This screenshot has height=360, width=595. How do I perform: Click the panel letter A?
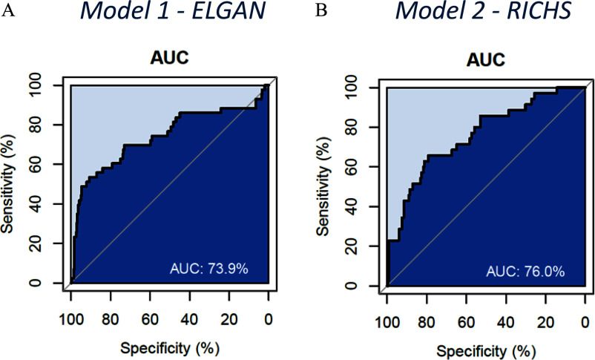click(7, 10)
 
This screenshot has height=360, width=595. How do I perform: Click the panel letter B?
click(321, 10)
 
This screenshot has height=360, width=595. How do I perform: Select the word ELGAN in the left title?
click(229, 10)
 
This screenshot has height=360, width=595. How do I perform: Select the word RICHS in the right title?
click(539, 10)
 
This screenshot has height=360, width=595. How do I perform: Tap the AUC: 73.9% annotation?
click(208, 269)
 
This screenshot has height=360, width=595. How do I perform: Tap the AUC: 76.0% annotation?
click(525, 272)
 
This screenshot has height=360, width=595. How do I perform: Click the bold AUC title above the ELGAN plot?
click(170, 58)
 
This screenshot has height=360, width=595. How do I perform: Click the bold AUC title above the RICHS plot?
click(486, 60)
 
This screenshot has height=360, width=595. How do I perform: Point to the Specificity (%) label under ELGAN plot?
click(170, 348)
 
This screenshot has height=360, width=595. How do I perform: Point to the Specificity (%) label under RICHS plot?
click(486, 351)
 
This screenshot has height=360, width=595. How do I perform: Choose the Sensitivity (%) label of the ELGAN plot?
click(7, 184)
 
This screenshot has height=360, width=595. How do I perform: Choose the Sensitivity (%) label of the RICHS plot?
click(323, 186)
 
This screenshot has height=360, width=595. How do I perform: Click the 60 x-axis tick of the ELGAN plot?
click(150, 320)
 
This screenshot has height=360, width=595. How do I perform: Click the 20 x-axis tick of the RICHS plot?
click(545, 323)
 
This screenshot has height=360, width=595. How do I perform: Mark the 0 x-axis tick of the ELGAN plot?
click(269, 320)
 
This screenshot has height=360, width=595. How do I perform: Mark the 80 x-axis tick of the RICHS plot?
click(427, 323)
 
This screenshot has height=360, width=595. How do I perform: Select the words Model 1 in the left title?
click(126, 10)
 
